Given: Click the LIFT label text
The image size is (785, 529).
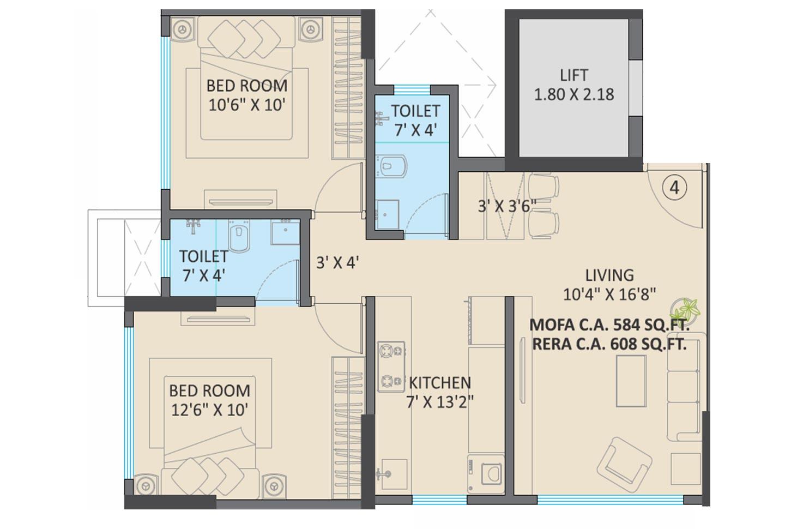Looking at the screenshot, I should tap(573, 75).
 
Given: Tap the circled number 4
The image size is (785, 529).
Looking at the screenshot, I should tap(674, 188).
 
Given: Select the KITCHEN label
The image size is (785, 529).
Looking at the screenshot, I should tap(440, 382).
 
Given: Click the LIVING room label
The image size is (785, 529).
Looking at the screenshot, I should tap(609, 275).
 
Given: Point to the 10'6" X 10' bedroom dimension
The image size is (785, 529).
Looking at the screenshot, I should tap(247, 105).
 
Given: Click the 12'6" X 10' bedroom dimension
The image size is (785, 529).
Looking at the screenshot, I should tap(210, 409).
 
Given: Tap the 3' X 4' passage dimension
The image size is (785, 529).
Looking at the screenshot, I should tap(337, 263).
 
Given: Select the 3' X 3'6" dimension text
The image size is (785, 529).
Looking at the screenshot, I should tap(507, 206).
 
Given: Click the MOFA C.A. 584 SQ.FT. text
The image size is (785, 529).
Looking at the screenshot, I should tap(609, 325).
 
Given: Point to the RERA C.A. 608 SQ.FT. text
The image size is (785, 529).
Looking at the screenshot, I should tap(609, 344).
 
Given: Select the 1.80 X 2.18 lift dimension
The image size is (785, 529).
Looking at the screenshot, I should tap(573, 94).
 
